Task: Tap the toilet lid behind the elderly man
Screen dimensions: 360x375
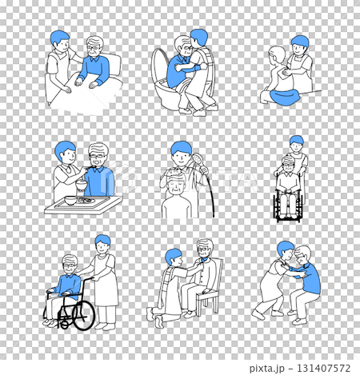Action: click(x=158, y=66)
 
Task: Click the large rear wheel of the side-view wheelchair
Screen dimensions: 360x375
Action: click(x=84, y=315)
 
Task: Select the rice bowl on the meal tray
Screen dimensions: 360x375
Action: click(x=70, y=201)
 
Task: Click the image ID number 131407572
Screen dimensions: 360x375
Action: click(x=323, y=368)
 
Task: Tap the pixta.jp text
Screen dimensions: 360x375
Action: click(x=266, y=369)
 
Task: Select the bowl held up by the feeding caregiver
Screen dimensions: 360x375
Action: click(x=82, y=185)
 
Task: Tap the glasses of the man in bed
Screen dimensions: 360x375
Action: click(x=94, y=48)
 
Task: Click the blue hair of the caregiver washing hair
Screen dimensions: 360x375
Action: click(x=181, y=148)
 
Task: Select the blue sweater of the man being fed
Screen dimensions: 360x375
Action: click(x=99, y=181)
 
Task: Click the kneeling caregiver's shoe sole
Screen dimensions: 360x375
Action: click(x=159, y=321)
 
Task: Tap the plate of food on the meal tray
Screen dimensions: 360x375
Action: click(x=86, y=200)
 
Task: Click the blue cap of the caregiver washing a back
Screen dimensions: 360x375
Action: click(x=300, y=42)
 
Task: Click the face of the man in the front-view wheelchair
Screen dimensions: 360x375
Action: click(x=288, y=167)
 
